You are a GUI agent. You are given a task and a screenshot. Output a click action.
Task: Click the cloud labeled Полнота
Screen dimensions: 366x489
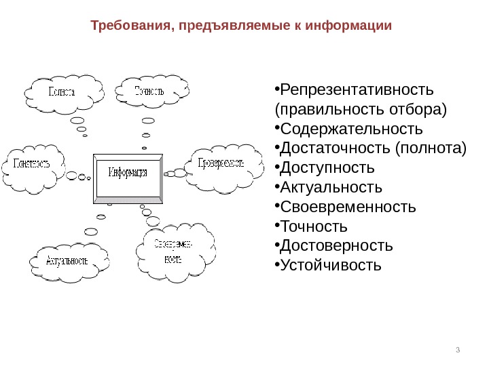click(61, 92)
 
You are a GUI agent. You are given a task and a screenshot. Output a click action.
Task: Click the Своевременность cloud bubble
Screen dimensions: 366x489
click(173, 250)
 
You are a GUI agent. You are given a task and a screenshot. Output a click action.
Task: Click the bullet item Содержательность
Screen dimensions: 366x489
click(351, 129)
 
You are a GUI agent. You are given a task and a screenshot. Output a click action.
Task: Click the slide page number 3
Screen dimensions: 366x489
click(458, 350)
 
